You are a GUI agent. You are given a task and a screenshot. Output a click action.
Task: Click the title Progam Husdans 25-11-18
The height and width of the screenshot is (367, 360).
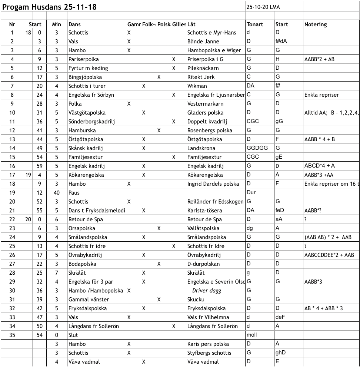tap(50, 7)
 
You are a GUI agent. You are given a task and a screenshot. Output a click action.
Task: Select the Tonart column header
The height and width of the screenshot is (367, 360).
tap(255, 24)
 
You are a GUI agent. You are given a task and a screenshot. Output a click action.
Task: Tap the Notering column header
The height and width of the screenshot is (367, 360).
tap(316, 24)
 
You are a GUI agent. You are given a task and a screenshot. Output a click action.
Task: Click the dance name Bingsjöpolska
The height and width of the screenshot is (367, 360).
tap(85, 77)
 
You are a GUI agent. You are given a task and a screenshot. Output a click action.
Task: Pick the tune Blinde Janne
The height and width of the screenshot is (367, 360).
tap(203, 42)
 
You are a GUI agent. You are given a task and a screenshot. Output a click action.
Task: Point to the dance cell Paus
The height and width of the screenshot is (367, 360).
tap(74, 193)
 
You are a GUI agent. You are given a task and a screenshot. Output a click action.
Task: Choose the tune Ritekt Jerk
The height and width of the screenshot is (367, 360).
tap(201, 77)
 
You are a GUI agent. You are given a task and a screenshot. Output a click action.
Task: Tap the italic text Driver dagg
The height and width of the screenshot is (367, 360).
tap(207, 291)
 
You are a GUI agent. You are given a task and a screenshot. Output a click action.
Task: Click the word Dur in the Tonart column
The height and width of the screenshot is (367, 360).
tap(251, 193)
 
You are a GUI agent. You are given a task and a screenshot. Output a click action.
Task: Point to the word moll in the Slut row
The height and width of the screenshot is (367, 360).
tap(252, 335)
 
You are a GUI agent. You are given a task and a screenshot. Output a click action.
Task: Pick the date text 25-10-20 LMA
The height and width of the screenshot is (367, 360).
tap(263, 7)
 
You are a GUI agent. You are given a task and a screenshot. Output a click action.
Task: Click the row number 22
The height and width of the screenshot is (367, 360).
tap(12, 219)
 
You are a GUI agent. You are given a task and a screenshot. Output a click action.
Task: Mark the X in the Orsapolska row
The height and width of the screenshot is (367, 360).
tap(159, 228)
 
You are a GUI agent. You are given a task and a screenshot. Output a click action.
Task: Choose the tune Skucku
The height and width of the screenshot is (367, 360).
tap(196, 300)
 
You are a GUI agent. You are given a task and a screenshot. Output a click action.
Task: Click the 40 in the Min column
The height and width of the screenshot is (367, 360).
tap(57, 193)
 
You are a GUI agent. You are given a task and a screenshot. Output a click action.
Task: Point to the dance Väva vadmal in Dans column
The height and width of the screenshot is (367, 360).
tap(84, 362)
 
